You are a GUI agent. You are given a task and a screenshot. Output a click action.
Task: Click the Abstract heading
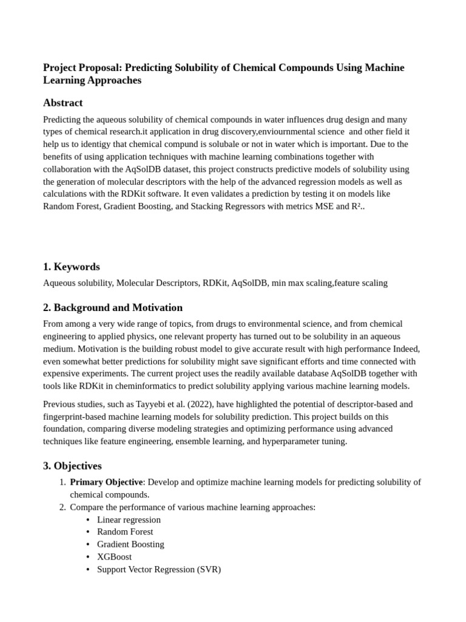62,103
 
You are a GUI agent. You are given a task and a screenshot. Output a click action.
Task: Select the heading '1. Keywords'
71,267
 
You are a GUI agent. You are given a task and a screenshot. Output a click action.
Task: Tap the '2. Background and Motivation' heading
112,307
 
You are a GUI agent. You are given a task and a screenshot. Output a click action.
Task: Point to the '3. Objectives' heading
72,466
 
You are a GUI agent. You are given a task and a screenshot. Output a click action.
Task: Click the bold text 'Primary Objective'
106,482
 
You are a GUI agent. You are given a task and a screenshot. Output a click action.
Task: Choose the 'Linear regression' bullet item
129,520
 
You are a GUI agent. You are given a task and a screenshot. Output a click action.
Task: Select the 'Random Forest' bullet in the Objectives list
125,532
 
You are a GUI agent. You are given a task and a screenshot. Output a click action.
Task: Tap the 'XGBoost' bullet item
114,557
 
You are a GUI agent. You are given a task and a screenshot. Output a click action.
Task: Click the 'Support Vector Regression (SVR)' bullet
159,570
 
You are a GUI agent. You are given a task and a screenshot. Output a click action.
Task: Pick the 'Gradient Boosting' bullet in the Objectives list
130,545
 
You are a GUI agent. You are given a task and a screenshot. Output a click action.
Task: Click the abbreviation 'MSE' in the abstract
326,207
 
